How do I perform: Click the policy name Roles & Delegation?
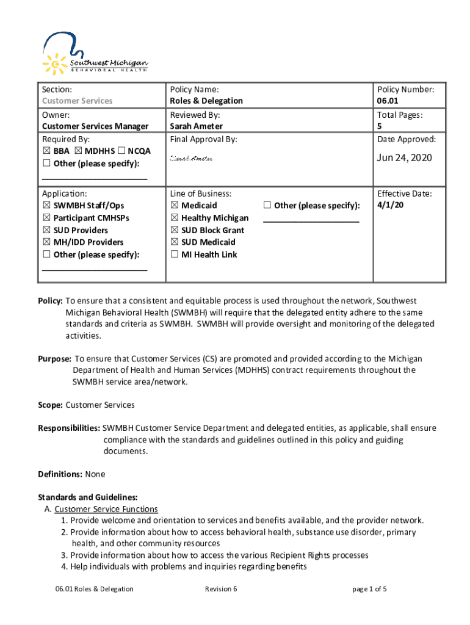click(206, 101)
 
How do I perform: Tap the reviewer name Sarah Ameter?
click(196, 126)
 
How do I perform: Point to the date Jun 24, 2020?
click(404, 157)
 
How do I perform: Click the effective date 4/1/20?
click(390, 205)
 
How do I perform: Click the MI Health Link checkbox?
click(175, 255)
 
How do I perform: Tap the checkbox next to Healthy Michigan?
click(175, 218)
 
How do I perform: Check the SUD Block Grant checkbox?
click(175, 230)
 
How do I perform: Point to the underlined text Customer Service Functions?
click(106, 509)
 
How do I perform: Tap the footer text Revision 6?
click(221, 589)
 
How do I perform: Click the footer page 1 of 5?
click(370, 589)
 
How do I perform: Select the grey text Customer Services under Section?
click(77, 101)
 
